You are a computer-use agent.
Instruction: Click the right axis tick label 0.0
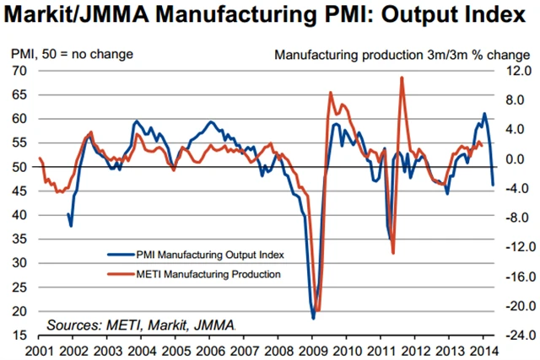(x=516, y=159)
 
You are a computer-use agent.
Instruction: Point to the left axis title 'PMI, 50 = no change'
(x=72, y=55)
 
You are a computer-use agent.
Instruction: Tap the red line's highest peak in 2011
(x=402, y=78)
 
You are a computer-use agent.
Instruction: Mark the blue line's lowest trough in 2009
(x=313, y=318)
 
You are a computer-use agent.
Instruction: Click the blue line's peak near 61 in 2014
(x=484, y=113)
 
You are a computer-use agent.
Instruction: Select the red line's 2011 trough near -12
(x=393, y=253)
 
